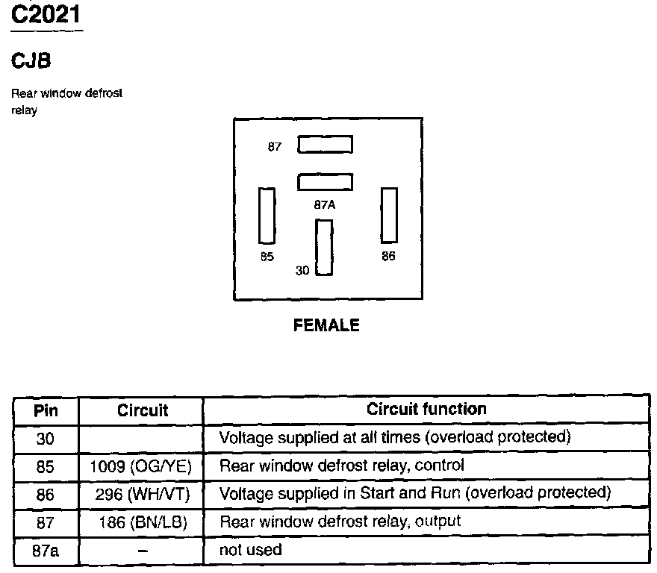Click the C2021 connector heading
(x=46, y=15)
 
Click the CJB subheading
(x=31, y=61)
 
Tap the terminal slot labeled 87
(x=325, y=144)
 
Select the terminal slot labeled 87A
(x=325, y=182)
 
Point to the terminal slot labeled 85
(x=267, y=216)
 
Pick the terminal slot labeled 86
(x=389, y=215)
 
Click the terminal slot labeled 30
(x=324, y=248)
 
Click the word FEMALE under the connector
(x=326, y=325)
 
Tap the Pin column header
(x=46, y=410)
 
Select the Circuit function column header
(x=426, y=409)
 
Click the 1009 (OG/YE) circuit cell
(x=141, y=466)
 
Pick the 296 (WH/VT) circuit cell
(x=141, y=494)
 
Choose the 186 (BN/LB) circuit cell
(x=141, y=522)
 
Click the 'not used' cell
(x=251, y=551)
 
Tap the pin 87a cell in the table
(x=46, y=551)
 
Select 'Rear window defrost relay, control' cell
(x=342, y=466)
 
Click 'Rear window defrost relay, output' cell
(x=340, y=522)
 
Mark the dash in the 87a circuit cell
(x=142, y=551)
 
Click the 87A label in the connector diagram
(x=325, y=203)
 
